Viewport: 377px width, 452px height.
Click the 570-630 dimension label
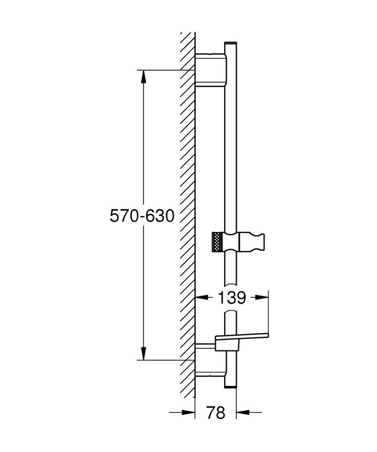tap(142, 216)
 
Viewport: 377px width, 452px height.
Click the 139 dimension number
tap(232, 298)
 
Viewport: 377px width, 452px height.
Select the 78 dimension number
tap(216, 413)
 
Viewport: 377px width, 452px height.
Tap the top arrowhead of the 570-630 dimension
tap(143, 76)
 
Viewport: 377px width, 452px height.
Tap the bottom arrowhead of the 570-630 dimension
tap(143, 354)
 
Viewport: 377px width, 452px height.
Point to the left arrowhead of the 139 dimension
tap(202, 297)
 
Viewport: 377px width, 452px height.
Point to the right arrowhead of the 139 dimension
tap(262, 297)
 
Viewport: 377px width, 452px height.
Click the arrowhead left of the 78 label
tap(188, 413)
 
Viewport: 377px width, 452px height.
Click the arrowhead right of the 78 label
tap(242, 413)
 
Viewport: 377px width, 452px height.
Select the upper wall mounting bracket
tap(210, 70)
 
